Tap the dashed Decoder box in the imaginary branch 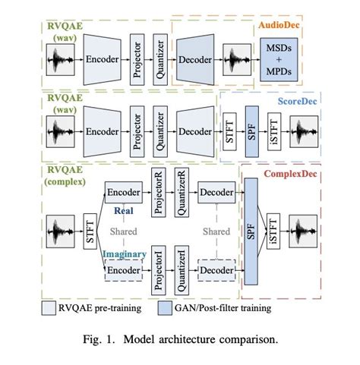click(215, 269)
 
